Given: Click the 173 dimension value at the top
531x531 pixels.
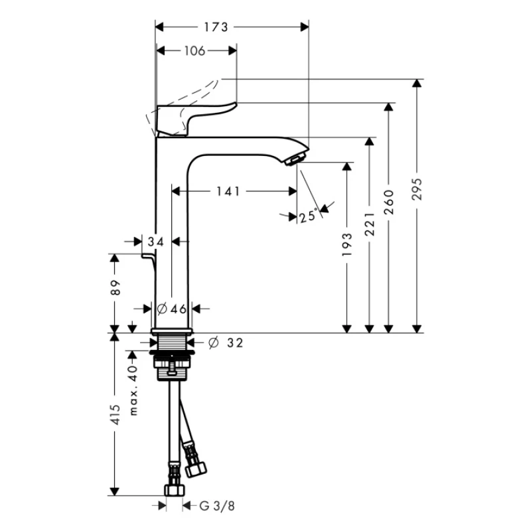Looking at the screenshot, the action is [216, 27].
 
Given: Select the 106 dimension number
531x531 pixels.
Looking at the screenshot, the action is [194, 51].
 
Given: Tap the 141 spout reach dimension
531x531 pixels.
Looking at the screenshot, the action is [228, 191].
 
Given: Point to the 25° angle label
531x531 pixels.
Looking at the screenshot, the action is [309, 216].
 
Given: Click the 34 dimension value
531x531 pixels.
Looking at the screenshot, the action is [156, 242].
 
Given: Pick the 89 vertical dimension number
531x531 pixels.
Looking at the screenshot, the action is [115, 287].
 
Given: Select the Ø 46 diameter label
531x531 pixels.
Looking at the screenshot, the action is [172, 309].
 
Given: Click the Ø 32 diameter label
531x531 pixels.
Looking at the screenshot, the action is [226, 342].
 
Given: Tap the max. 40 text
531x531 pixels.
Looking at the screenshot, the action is [133, 390].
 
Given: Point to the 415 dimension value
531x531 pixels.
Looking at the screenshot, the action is [115, 414].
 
